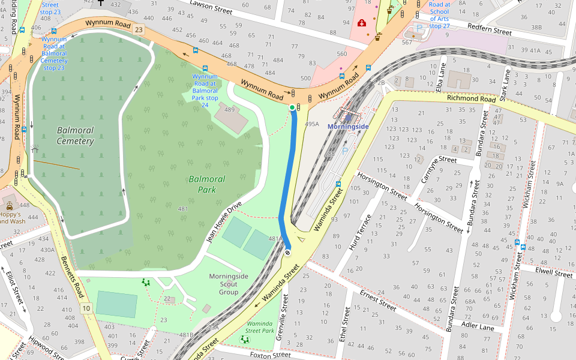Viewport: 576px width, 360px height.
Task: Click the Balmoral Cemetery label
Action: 76,136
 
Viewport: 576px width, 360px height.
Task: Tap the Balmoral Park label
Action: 206,184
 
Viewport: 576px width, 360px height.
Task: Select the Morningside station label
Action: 348,127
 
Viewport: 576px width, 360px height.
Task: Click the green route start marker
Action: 292,107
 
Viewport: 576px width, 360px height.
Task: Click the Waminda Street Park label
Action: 260,327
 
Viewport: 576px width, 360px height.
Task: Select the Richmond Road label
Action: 471,98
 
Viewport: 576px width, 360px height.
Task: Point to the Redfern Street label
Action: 489,31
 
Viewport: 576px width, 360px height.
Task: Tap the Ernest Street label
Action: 378,299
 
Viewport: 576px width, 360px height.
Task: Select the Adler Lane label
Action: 478,326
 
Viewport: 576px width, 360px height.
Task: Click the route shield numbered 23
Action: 139,29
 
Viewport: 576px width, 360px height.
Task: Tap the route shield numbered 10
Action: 86,308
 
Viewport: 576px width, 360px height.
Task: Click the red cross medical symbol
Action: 362,23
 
